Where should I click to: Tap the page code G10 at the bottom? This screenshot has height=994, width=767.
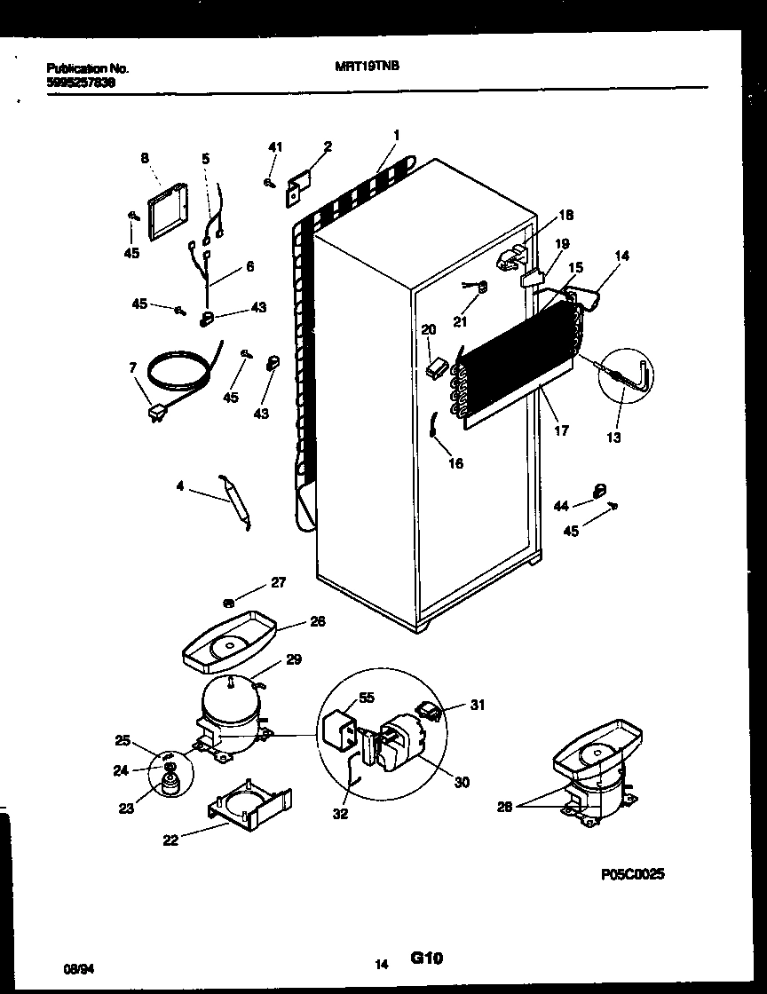click(426, 958)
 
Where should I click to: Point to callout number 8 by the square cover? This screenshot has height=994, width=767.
click(145, 159)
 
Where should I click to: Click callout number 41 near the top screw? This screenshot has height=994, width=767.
click(275, 147)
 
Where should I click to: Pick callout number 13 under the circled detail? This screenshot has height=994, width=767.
click(614, 437)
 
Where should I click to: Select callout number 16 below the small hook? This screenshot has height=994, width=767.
click(455, 463)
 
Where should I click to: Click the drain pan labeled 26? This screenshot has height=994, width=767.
click(229, 639)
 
